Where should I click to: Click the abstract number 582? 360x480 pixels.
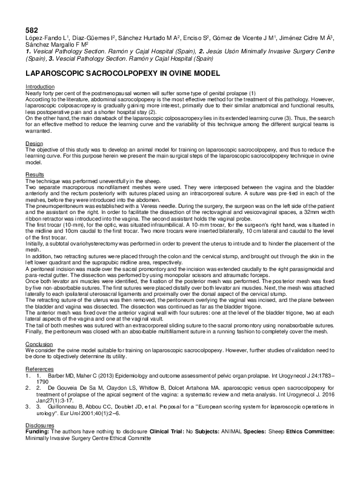tap(31, 30)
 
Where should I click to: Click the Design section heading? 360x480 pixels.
tap(34, 143)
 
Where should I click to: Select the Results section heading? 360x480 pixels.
tap(35, 174)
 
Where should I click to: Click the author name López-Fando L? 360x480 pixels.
tap(45, 38)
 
